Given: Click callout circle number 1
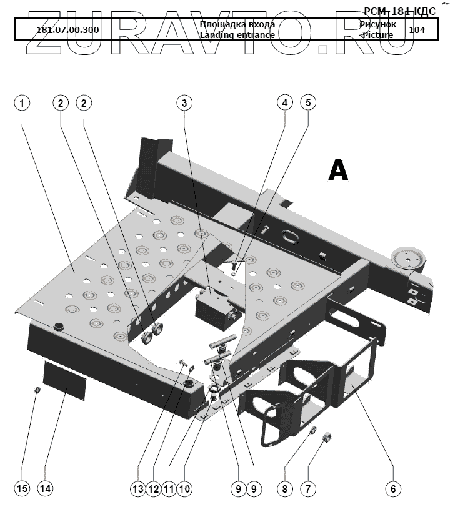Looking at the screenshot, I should (x=22, y=103).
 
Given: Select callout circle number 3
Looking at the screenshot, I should (x=184, y=103).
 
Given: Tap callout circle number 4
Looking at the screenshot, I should (x=285, y=103).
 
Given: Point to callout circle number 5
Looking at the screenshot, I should (x=307, y=103).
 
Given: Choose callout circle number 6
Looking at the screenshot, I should (x=392, y=489).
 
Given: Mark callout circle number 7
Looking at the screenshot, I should (x=307, y=489).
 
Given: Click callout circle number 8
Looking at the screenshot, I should (x=285, y=489).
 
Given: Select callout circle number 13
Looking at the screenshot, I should (x=138, y=489).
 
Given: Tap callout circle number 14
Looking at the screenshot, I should (x=44, y=489).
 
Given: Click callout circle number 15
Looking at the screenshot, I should (x=22, y=489).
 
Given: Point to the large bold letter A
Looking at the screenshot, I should (x=338, y=170).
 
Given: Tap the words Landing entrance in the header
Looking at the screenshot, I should (x=237, y=36).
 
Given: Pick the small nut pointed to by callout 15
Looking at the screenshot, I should (x=37, y=391).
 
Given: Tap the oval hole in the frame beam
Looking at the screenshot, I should (x=292, y=237).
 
